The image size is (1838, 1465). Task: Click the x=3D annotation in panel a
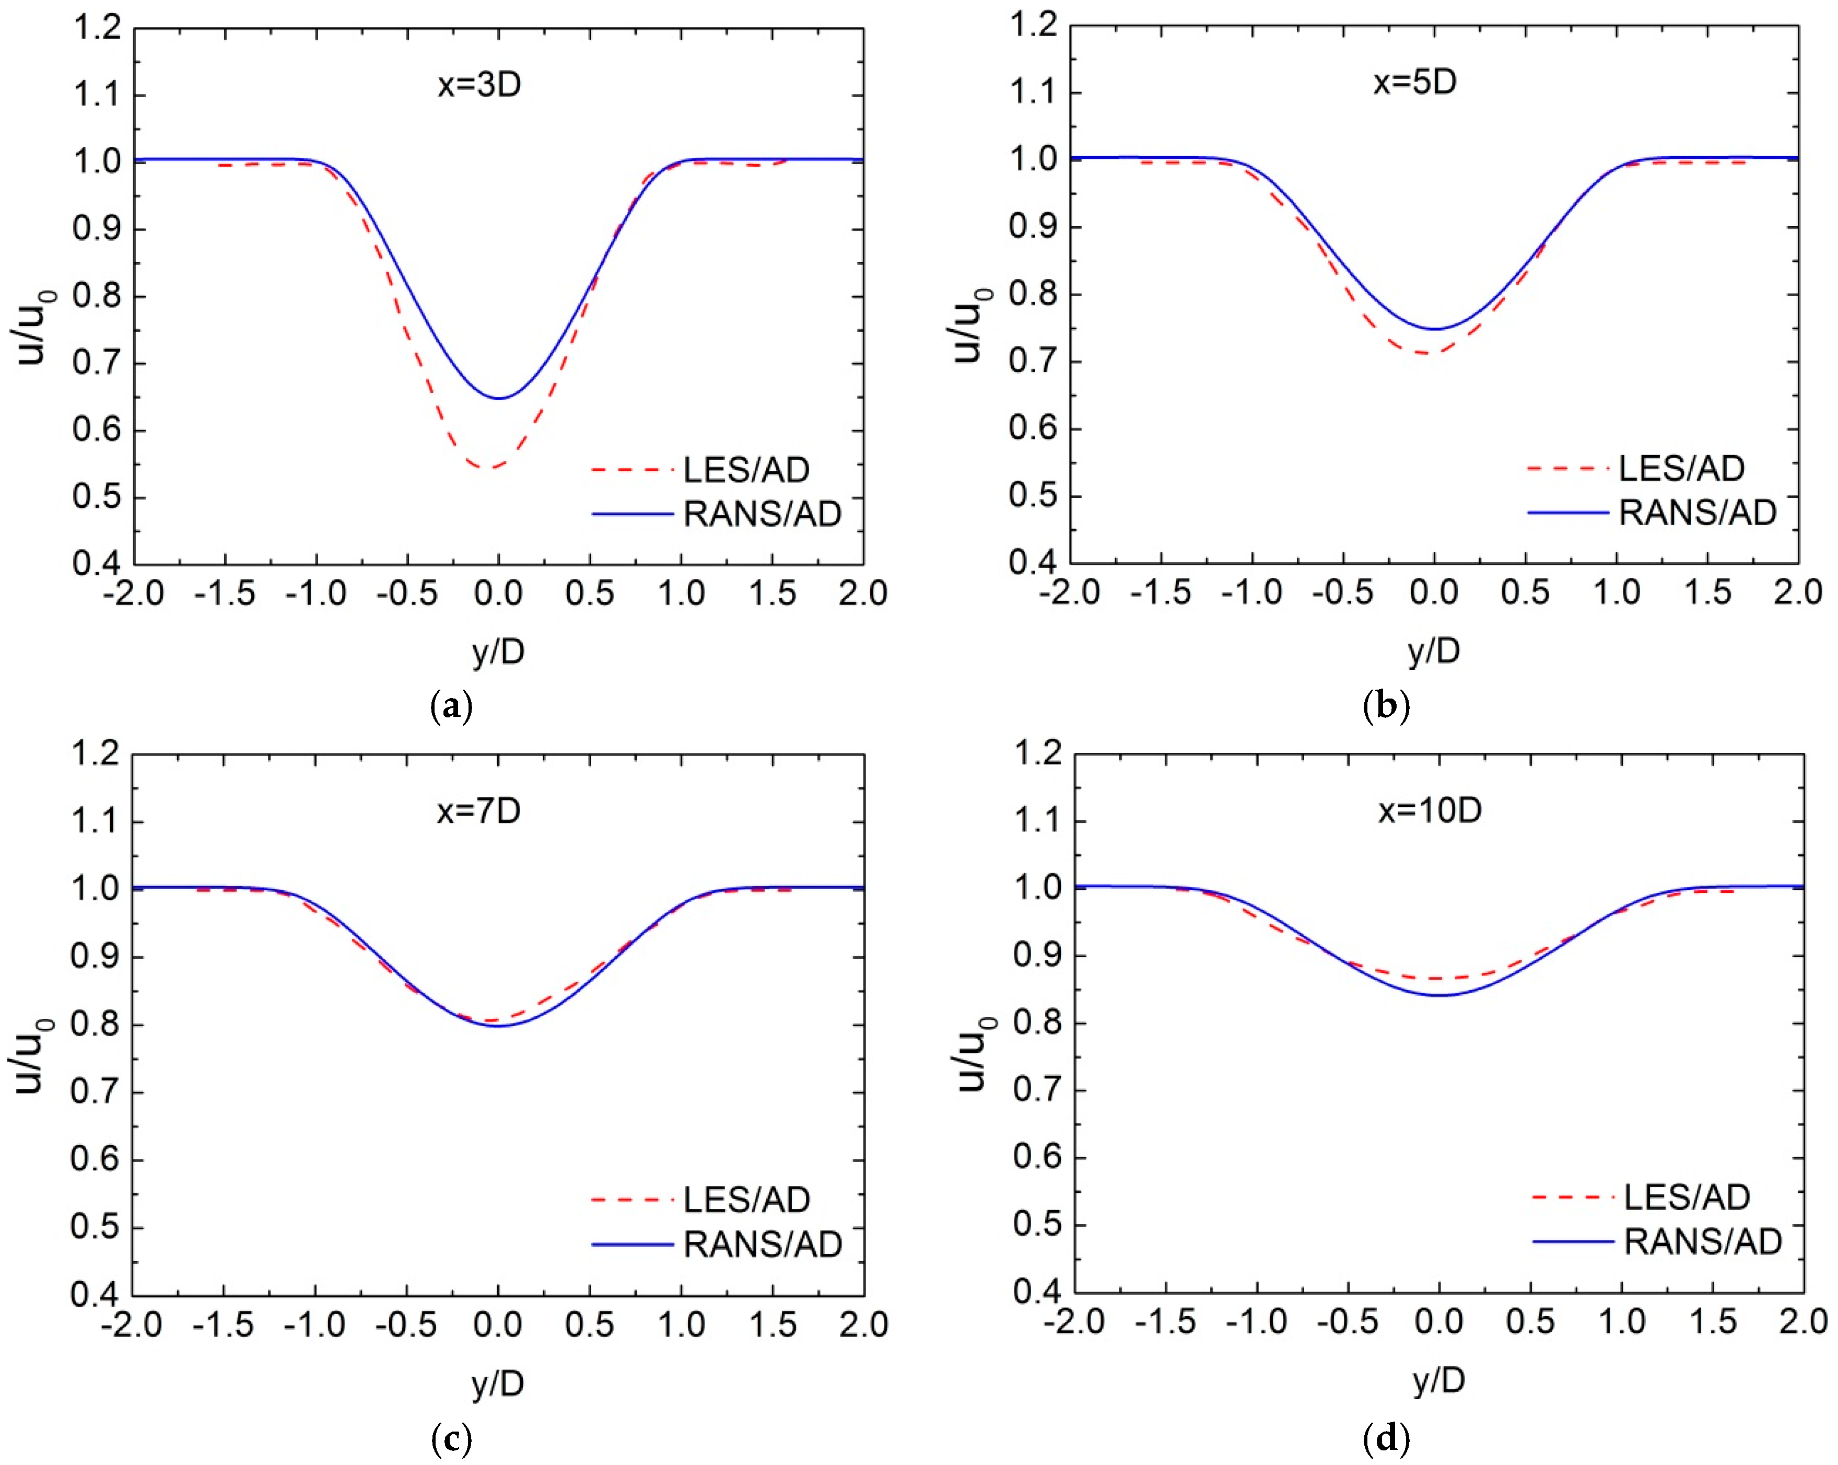479,85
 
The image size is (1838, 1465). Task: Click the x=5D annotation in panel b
1414,82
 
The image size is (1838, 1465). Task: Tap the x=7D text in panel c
478,810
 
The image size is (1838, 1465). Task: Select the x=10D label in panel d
1430,809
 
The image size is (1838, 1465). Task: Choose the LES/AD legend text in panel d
1686,1197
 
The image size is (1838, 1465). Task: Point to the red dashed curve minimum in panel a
490,467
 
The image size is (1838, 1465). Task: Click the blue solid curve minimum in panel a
499,398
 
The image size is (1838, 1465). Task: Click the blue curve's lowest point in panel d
1439,995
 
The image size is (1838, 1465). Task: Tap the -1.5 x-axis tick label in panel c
224,1324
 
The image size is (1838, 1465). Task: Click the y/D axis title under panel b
1434,650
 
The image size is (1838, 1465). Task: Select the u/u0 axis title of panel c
31,1056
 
